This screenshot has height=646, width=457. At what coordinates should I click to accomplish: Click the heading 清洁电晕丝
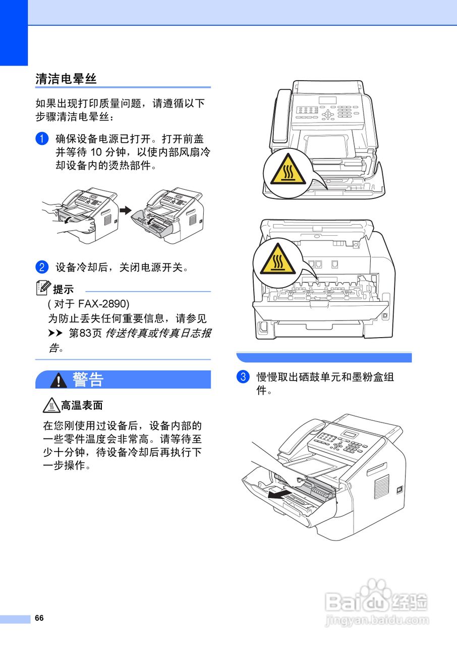pos(66,79)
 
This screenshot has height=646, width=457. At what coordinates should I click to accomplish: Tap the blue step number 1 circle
pos(42,138)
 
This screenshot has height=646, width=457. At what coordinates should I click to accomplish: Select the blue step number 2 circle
pos(42,267)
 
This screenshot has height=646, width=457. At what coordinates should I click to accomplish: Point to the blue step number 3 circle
pos(243,377)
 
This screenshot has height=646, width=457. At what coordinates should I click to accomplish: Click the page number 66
pos(39,618)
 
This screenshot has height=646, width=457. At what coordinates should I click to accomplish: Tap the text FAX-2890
pos(103,304)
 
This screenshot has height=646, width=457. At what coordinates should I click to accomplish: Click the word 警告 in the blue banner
pos(88,380)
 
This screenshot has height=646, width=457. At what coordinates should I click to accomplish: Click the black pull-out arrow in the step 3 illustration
pos(279,494)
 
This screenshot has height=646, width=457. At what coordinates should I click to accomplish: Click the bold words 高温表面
pos(82,405)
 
